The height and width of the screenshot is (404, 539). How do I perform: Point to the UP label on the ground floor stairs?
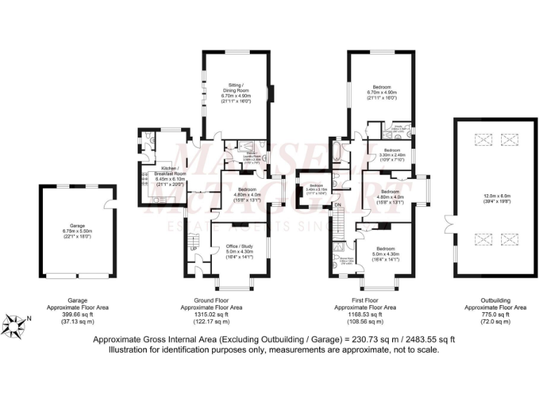(191, 247)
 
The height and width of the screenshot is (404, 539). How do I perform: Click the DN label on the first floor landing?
(337, 205)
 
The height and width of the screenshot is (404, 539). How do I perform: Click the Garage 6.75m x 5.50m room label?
(76, 231)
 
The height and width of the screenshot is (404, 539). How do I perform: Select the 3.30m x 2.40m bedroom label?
(390, 154)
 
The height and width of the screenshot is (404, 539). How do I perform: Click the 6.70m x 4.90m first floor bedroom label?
(382, 92)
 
